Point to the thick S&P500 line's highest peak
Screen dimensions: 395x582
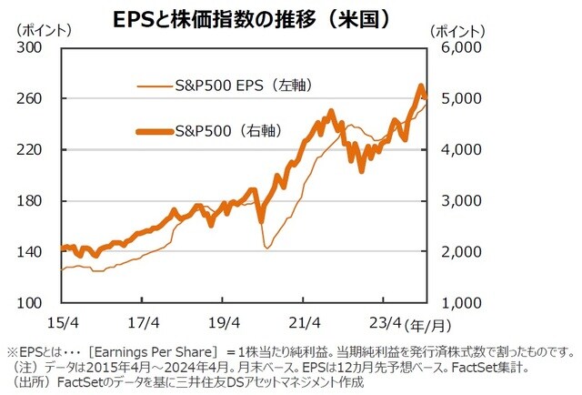(x=421, y=86)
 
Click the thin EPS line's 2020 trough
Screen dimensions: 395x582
(x=267, y=247)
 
